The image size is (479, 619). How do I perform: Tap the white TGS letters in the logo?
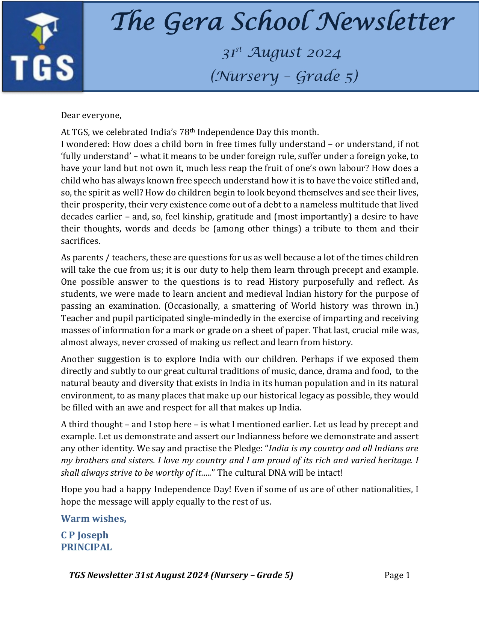pyautogui.click(x=42, y=68)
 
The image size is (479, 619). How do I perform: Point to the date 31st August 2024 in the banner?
pyautogui.click(x=281, y=53)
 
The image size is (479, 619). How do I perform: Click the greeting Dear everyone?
pyautogui.click(x=91, y=115)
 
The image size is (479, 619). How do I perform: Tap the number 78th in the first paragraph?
pyautogui.click(x=187, y=132)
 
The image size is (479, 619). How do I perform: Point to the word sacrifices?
pyautogui.click(x=81, y=241)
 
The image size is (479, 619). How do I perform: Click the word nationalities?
pyautogui.click(x=386, y=489)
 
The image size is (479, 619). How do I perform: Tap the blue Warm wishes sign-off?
pyautogui.click(x=94, y=518)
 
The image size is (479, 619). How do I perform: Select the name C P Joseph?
pyautogui.click(x=85, y=535)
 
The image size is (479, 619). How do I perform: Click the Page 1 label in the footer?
pyautogui.click(x=397, y=575)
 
